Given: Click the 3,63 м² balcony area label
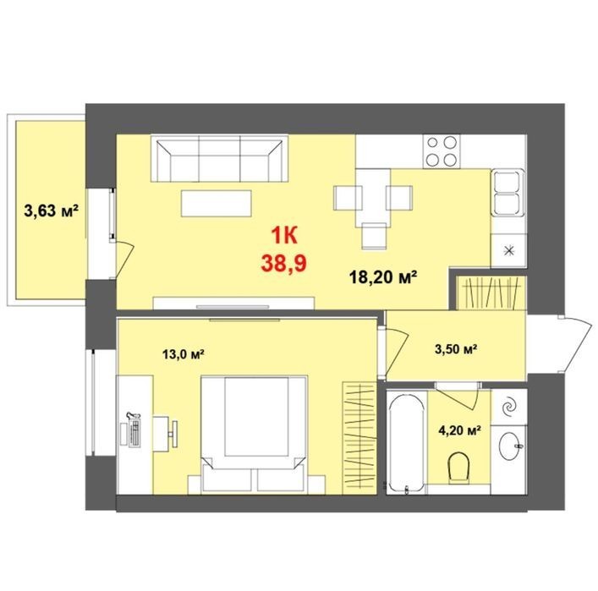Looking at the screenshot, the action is click(x=51, y=211).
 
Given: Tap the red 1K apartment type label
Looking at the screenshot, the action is click(x=283, y=236).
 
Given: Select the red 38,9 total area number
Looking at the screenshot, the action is click(x=283, y=263).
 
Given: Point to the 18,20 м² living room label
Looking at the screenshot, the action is click(x=382, y=276).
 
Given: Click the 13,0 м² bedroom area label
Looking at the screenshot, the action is click(x=184, y=354).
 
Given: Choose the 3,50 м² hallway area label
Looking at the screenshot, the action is click(x=457, y=348).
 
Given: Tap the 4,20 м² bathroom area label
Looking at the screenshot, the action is click(x=459, y=430).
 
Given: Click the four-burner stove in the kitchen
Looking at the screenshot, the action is click(x=442, y=151).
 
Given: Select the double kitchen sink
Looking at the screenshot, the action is click(x=508, y=193).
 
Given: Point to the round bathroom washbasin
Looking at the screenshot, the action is click(x=511, y=446).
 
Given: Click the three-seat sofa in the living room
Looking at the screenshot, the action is click(x=219, y=158).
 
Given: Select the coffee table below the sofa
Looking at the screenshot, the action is click(x=217, y=203).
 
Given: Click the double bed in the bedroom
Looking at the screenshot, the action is click(x=254, y=434).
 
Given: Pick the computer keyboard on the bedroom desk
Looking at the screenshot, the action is click(x=135, y=433).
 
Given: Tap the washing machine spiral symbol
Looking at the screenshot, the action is click(x=509, y=407).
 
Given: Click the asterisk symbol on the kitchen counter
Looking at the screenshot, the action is click(x=509, y=251).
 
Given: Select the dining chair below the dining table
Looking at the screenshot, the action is click(x=374, y=237).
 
